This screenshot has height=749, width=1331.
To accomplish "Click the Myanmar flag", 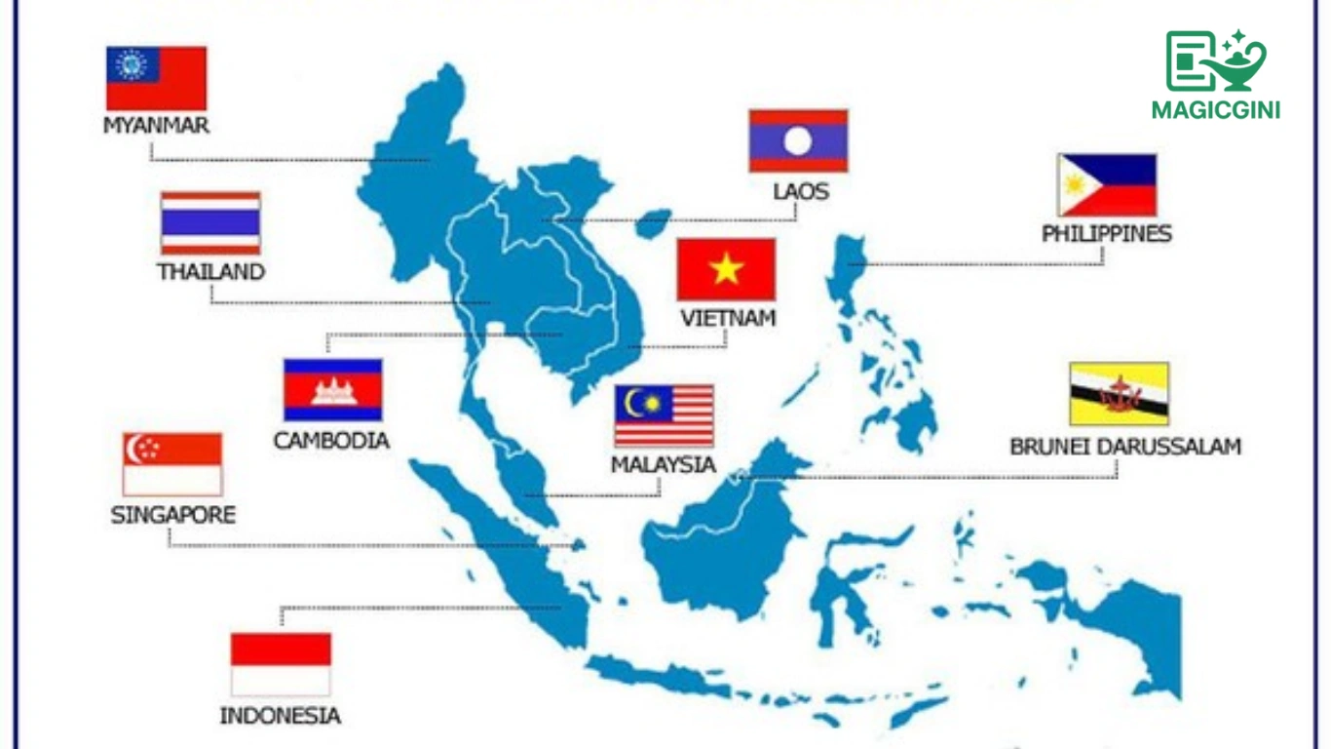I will (156, 78).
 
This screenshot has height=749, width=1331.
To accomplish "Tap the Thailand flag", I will (210, 223).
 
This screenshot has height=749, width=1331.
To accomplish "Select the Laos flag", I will (798, 141).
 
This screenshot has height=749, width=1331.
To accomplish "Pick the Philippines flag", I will (1107, 185).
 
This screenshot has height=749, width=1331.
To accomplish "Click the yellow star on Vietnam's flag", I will (727, 269).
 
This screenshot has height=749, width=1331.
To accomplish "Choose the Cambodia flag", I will (332, 389).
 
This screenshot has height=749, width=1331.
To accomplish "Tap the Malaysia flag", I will (664, 416).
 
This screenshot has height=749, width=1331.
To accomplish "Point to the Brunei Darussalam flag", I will (1119, 394).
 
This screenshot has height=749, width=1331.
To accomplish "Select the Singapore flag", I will (172, 464).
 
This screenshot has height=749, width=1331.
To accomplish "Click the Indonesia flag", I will (281, 664).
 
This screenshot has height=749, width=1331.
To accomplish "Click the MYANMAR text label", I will (156, 126).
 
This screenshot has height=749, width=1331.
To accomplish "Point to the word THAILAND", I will (211, 271).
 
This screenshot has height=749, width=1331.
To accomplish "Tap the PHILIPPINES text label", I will (1107, 234).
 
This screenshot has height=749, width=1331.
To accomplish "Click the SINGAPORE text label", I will (173, 515).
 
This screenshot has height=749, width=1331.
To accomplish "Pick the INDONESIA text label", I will (281, 716).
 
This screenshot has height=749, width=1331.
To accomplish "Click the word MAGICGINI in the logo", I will (1215, 110).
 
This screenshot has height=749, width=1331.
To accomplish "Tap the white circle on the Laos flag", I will (798, 141).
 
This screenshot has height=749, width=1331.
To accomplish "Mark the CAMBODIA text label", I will (331, 441).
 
